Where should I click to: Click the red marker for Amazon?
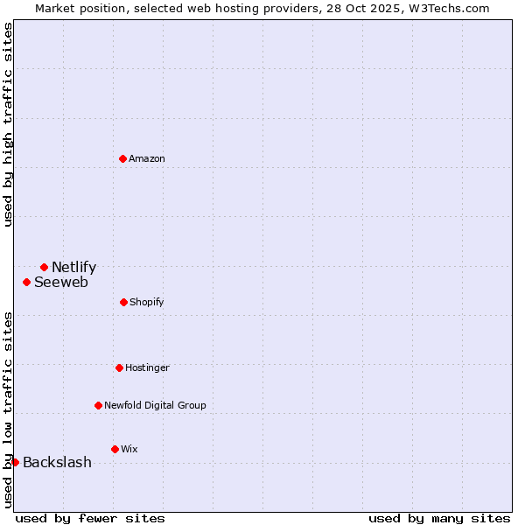(122, 158)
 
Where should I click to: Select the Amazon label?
(147, 159)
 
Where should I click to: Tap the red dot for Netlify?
(44, 267)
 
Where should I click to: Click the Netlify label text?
(73, 268)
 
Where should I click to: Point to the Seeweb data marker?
(27, 282)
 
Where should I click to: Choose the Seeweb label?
(61, 283)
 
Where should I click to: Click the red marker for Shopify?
(123, 302)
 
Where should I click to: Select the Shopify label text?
(147, 303)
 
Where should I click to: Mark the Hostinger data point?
(119, 367)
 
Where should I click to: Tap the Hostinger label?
(147, 368)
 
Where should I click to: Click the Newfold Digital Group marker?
(98, 405)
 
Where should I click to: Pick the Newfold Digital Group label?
(155, 406)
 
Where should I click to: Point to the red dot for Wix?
(115, 449)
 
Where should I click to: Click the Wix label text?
(129, 450)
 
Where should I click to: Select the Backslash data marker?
(15, 462)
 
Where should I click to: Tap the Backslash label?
(57, 463)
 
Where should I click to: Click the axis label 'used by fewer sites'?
(90, 519)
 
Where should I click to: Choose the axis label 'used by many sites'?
(439, 519)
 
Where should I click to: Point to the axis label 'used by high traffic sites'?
(8, 124)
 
